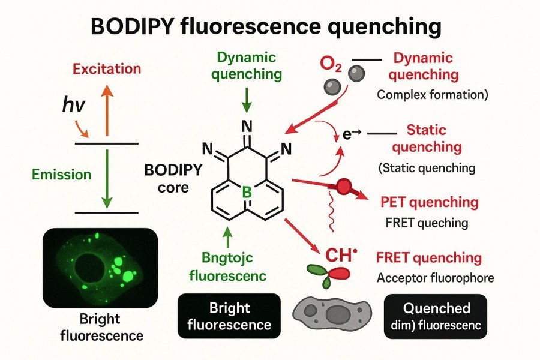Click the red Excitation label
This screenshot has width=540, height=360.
107,69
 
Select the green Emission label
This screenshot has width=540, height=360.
62,175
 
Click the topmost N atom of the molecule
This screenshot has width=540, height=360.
246,126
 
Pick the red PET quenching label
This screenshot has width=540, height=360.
430,202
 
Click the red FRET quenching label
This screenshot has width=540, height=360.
429,259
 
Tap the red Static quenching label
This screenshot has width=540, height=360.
435,138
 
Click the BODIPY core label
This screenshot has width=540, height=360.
167,178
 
